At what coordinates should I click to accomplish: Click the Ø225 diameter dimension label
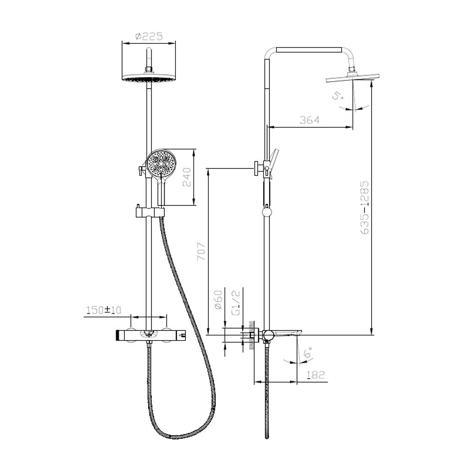pyautogui.click(x=149, y=37)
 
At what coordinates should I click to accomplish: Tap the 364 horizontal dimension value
pyautogui.click(x=310, y=120)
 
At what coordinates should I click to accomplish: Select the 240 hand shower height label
pyautogui.click(x=187, y=177)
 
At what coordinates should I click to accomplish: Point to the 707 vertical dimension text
pyautogui.click(x=201, y=252)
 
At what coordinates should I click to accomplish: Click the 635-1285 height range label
pyautogui.click(x=365, y=207)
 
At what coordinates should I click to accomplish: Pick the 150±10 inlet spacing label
pyautogui.click(x=104, y=310)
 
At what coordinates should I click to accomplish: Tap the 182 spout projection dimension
pyautogui.click(x=316, y=375)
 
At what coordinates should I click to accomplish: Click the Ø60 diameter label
pyautogui.click(x=219, y=300)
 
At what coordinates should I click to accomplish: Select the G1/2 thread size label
pyautogui.click(x=236, y=302)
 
